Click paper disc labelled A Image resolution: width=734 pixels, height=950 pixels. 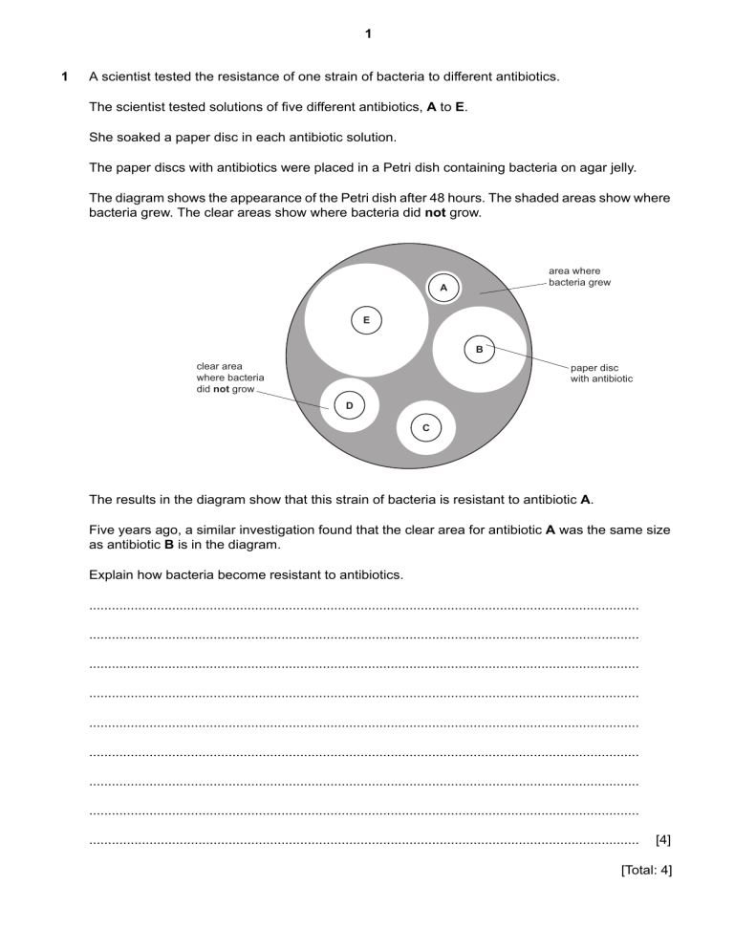click(443, 287)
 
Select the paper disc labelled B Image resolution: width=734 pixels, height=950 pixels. click(480, 349)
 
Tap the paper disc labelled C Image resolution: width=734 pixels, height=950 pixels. click(425, 427)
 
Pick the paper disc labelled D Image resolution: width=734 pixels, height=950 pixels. click(349, 405)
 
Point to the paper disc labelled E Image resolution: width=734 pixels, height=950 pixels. click(366, 320)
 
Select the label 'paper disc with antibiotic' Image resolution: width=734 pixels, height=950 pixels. click(601, 373)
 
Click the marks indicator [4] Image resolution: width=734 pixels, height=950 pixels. click(663, 841)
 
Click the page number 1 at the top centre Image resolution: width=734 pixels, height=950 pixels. click(368, 34)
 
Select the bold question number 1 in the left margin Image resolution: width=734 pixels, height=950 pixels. click(64, 76)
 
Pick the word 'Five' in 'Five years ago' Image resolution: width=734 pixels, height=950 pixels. click(103, 529)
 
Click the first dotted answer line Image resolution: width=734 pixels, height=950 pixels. click(363, 606)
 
